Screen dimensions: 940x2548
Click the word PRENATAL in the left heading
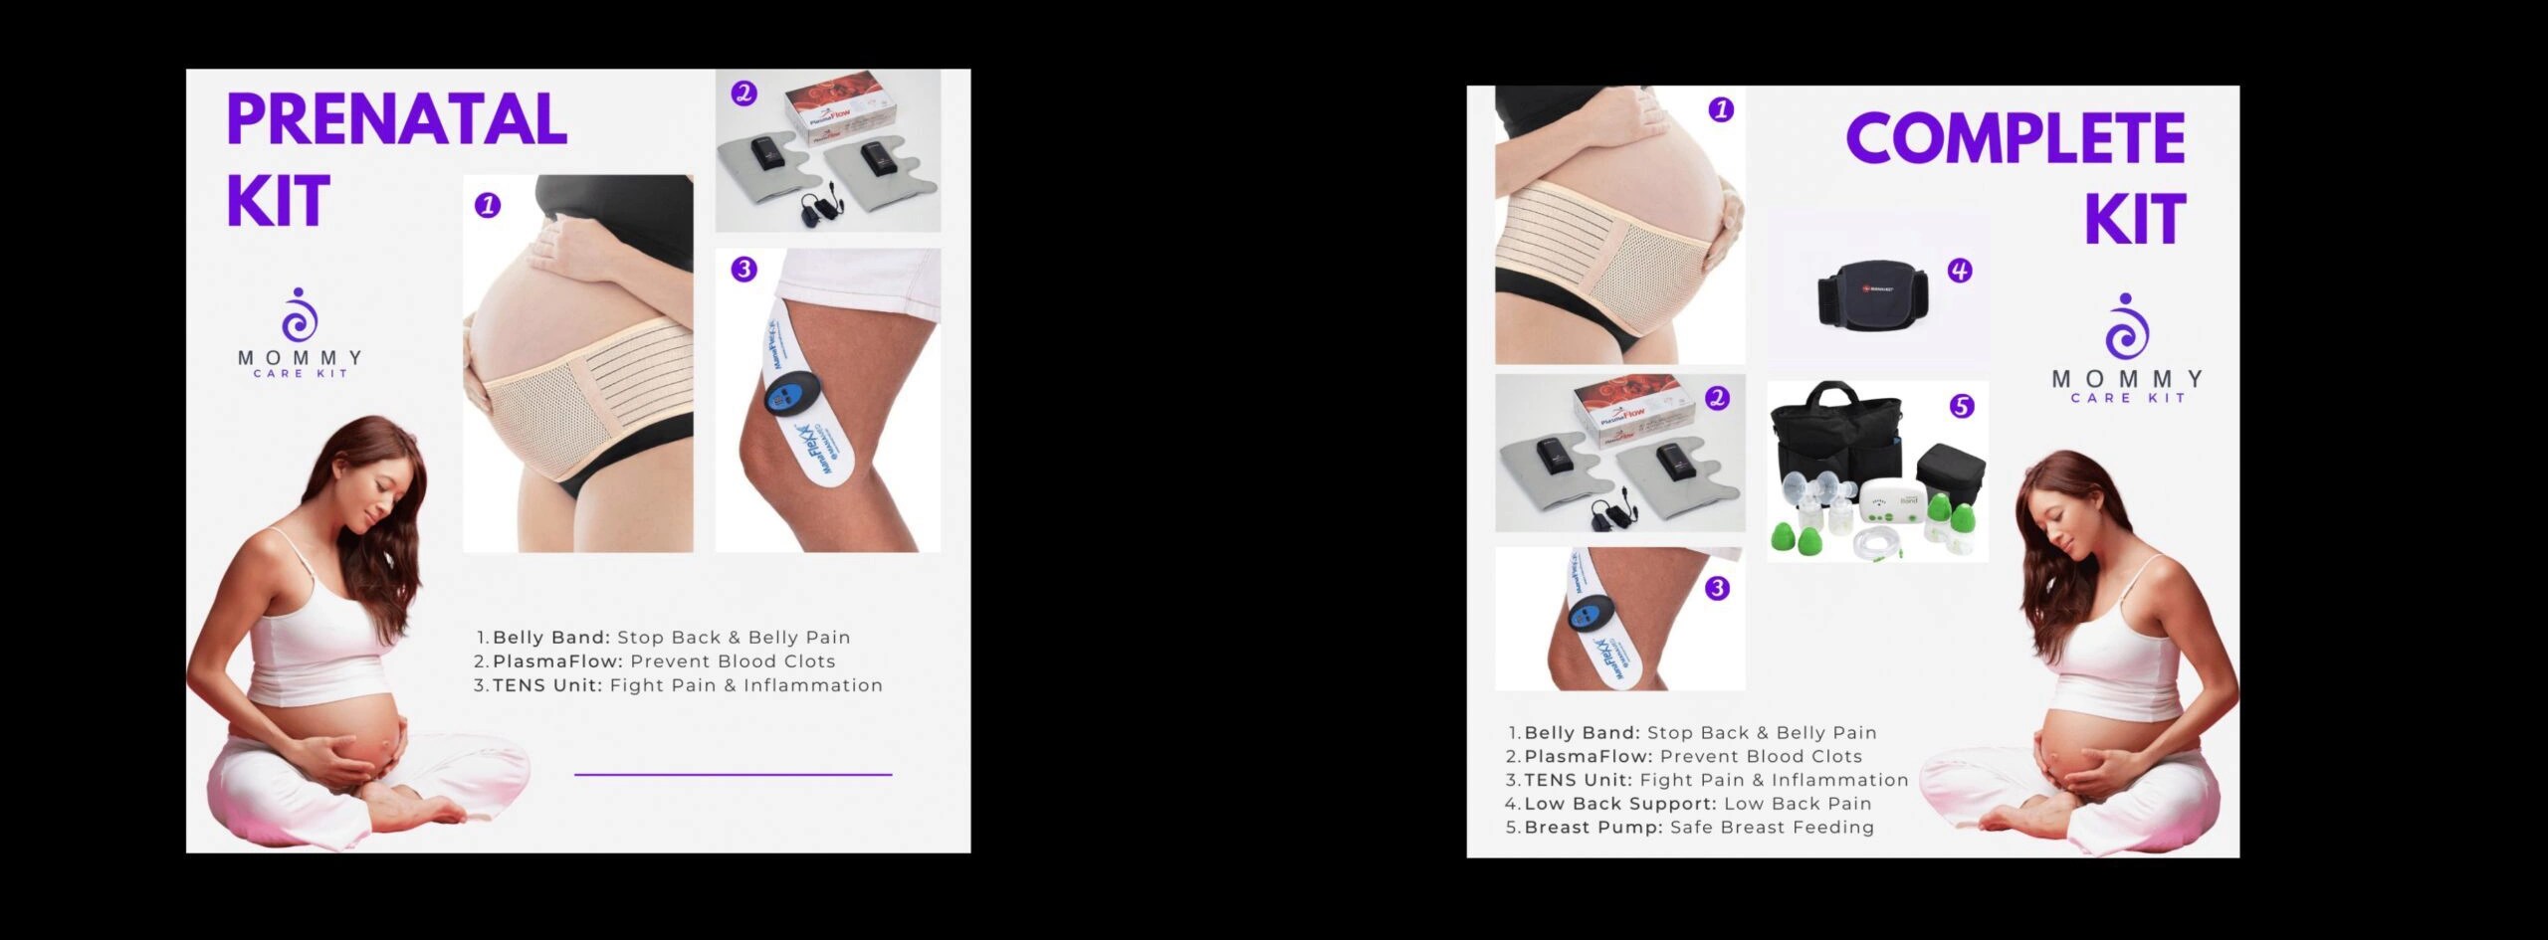pos(396,120)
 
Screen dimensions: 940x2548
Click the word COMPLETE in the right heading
pos(2015,138)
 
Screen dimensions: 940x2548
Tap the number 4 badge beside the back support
pos(1959,271)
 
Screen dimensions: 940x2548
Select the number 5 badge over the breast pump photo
pos(1961,406)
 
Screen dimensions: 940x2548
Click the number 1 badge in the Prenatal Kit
pos(487,206)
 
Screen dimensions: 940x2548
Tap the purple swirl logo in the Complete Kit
pos(2127,328)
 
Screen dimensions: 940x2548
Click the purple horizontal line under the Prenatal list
pos(733,774)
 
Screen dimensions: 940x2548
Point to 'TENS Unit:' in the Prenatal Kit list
pos(546,685)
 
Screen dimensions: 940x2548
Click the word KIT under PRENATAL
pos(278,203)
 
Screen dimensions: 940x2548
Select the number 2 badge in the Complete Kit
pos(1717,398)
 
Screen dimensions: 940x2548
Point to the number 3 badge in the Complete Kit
pos(1717,588)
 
